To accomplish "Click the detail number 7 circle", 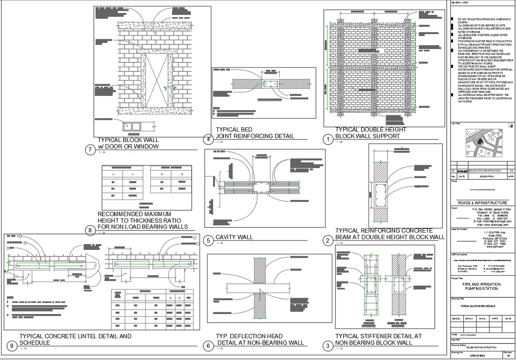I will click(90, 150).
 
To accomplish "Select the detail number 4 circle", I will click(208, 139).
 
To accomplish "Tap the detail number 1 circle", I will click(328, 139).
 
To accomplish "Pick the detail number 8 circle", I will click(90, 231).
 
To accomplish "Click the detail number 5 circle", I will click(208, 240).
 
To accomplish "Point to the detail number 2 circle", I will click(328, 240).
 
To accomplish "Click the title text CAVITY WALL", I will click(234, 237).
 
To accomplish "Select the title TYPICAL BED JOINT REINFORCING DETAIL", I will click(255, 133).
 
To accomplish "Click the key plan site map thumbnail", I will click(482, 144).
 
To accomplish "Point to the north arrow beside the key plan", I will click(511, 126).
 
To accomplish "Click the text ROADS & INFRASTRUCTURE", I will click(482, 203).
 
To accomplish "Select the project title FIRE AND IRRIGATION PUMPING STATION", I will click(482, 286).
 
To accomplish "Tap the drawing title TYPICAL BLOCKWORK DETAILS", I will click(478, 306).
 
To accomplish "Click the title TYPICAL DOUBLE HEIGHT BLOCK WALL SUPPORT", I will click(370, 133).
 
